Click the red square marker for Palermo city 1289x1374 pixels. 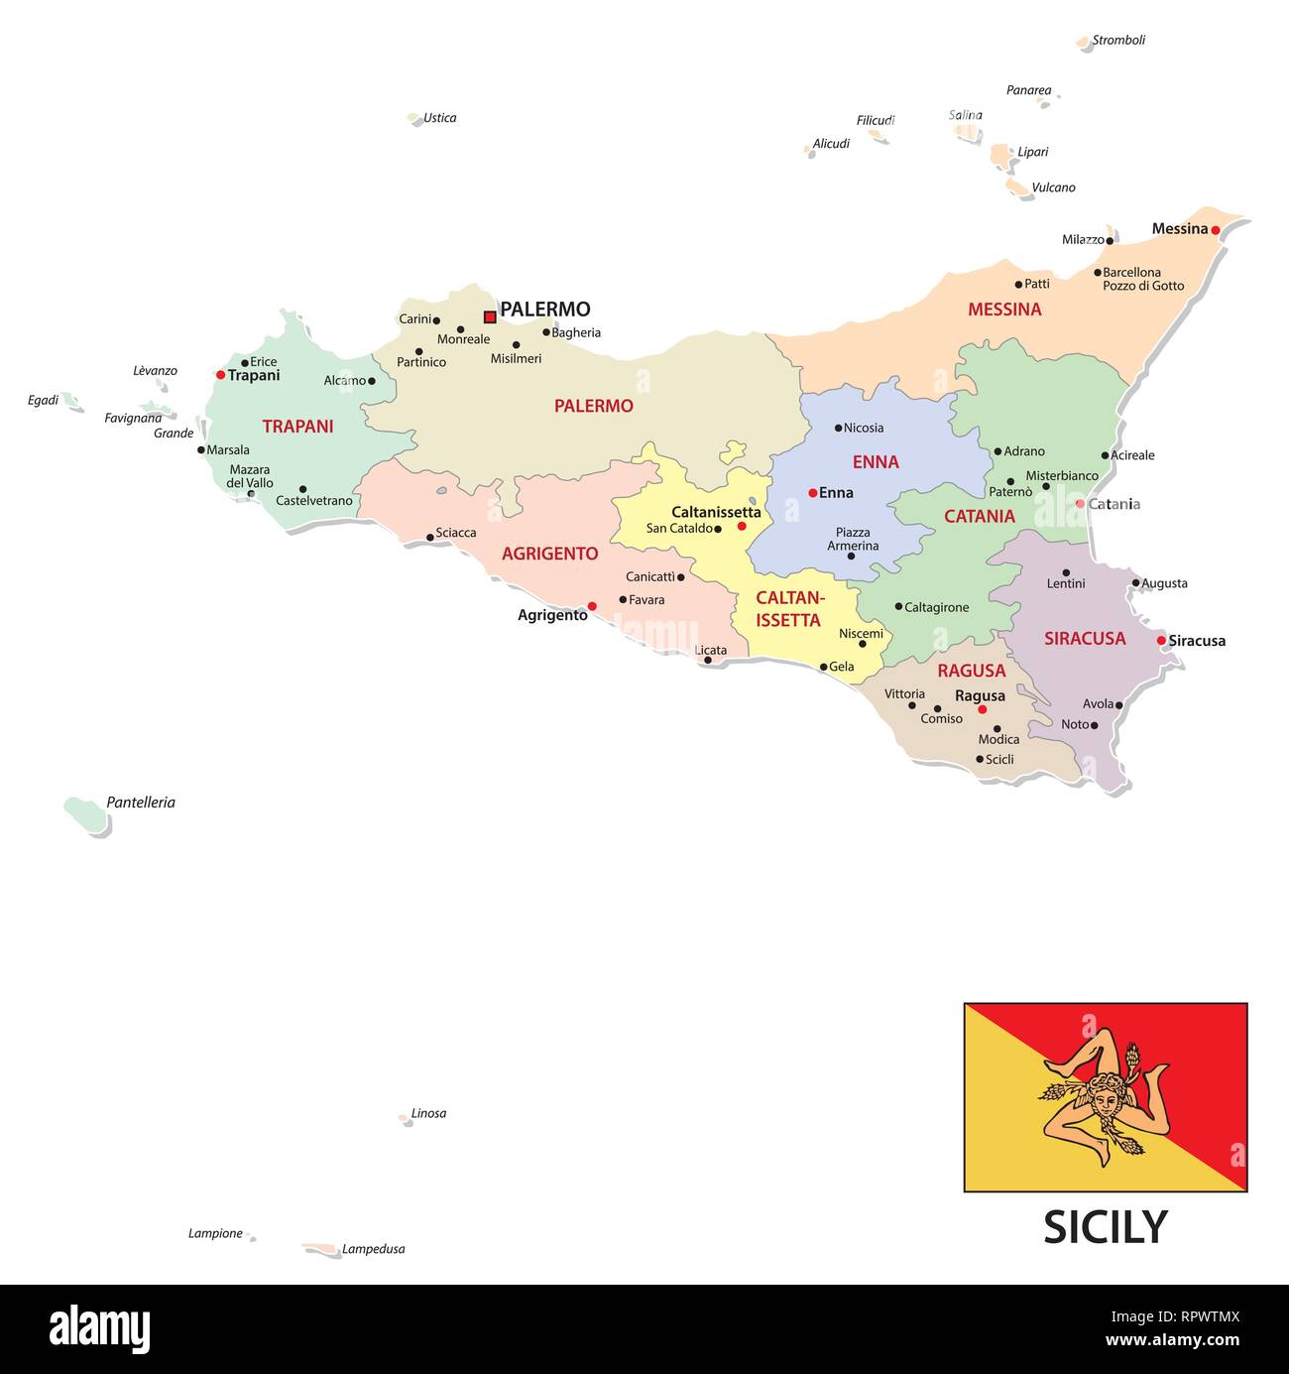(x=489, y=317)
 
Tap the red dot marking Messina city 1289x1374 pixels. (x=1215, y=230)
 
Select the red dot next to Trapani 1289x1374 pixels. (x=220, y=375)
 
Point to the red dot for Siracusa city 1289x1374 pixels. (x=1161, y=641)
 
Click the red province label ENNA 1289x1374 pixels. (x=876, y=462)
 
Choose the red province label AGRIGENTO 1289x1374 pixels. (x=549, y=554)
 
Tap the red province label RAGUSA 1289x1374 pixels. (x=971, y=671)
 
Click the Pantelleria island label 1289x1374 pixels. (x=141, y=803)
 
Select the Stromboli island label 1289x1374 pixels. (x=1118, y=41)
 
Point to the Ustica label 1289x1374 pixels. (x=440, y=118)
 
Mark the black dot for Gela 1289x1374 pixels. (x=823, y=668)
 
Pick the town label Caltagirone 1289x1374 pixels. (x=937, y=607)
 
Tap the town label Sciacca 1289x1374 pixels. (x=456, y=533)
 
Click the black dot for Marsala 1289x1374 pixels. (x=200, y=449)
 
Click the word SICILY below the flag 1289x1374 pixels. (x=1106, y=1227)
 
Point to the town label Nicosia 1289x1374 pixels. (x=864, y=429)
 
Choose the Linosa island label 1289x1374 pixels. (x=428, y=1114)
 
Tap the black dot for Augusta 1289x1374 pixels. (x=1135, y=583)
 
